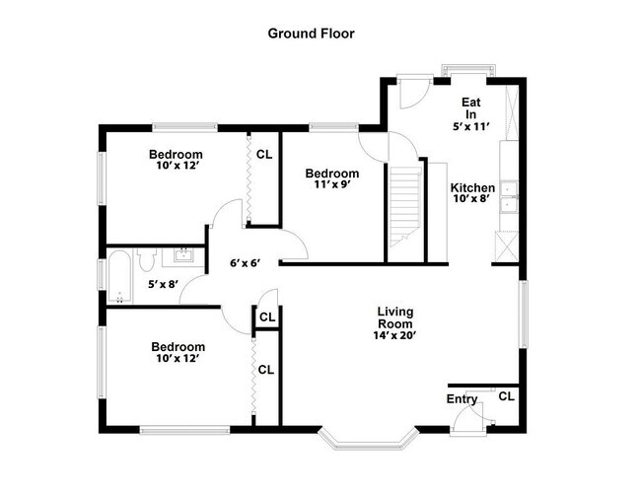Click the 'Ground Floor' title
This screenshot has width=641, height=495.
point(311,33)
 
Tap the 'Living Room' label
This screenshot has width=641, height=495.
point(394,314)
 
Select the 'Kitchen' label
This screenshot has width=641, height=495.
point(472,187)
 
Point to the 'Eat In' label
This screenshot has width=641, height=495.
point(470,107)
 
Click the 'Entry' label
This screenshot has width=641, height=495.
point(462,398)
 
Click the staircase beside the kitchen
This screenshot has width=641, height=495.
point(405,207)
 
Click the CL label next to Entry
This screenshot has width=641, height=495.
point(506,396)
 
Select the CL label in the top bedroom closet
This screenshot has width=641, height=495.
point(264,154)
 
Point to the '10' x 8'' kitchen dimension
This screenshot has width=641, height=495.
point(472,200)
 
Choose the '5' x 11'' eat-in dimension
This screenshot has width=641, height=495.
point(470,126)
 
